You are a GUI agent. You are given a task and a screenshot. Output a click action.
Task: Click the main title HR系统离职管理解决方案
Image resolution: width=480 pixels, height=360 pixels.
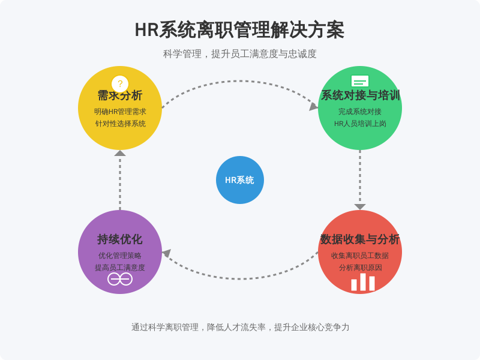[x=239, y=30]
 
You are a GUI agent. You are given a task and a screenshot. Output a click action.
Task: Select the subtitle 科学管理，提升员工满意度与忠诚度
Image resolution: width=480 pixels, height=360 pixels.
[x=239, y=54]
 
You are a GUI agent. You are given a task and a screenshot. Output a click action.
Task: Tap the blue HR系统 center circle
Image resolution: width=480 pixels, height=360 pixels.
[x=240, y=180]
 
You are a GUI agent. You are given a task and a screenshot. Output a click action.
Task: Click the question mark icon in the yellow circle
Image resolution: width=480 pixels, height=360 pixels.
[x=120, y=83]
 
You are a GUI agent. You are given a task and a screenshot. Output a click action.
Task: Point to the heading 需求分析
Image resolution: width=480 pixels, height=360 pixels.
[x=120, y=95]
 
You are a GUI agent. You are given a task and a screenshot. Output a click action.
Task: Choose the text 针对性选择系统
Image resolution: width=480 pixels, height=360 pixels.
[x=121, y=124]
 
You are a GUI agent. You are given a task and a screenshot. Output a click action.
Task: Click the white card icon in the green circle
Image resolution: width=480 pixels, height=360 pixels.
[x=360, y=81]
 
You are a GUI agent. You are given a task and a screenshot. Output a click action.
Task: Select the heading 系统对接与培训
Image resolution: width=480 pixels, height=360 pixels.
[x=361, y=95]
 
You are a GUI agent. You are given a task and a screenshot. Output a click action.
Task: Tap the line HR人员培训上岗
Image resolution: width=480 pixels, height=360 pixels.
[x=360, y=124]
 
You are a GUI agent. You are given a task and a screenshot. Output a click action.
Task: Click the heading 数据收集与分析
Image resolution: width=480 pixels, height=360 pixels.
[x=360, y=239]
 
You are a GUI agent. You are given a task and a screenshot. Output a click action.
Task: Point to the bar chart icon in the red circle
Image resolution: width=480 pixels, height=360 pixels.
[x=363, y=282]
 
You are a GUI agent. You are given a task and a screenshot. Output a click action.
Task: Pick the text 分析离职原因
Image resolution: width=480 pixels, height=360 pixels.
[x=361, y=268]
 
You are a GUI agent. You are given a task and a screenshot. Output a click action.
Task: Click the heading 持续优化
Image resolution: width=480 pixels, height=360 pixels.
[x=120, y=239]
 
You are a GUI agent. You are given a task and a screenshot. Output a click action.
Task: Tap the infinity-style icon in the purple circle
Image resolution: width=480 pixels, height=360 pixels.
[x=120, y=279]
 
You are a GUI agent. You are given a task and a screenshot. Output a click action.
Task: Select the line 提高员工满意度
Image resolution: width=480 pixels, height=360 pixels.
[x=120, y=268]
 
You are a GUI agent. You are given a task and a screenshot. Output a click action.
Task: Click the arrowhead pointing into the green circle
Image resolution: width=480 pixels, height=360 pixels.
[x=313, y=107]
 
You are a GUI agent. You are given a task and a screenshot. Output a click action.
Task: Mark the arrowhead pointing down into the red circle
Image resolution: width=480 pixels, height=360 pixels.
[x=360, y=207]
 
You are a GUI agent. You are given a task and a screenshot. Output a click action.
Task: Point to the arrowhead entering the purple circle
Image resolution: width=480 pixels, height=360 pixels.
[x=167, y=253]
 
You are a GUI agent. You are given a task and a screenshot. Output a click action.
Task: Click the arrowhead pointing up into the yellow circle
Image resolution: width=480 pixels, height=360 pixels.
[x=120, y=153]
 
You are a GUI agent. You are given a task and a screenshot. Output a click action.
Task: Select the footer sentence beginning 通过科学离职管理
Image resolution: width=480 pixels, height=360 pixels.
[x=241, y=327]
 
